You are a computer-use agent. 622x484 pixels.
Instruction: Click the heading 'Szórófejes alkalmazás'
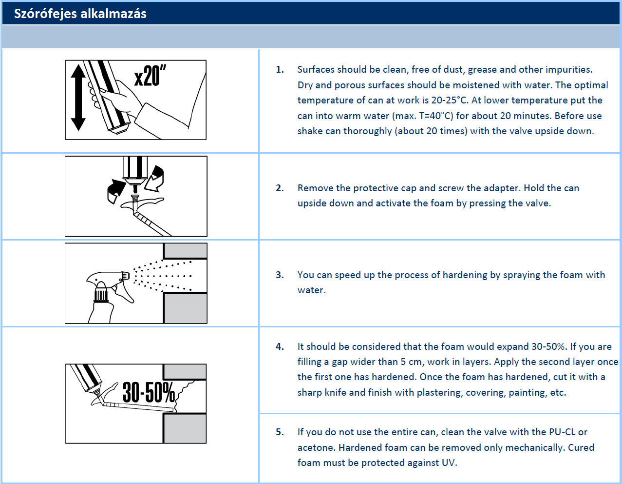pos(80,14)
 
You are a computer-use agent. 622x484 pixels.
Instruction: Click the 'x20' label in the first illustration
pos(150,76)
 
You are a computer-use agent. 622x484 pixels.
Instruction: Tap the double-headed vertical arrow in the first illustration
pos(78,98)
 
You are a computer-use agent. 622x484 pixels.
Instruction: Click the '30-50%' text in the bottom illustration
pos(148,393)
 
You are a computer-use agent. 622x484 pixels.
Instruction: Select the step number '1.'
pos(280,70)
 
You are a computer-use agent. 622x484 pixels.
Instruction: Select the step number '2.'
pos(280,188)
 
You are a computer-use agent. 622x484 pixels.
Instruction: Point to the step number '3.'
pos(280,275)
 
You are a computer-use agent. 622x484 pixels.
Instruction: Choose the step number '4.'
pos(280,347)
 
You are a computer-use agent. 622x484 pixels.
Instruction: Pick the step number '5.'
pos(280,432)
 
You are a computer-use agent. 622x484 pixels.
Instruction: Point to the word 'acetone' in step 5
pos(316,448)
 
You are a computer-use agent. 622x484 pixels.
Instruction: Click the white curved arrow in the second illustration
pos(156,179)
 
